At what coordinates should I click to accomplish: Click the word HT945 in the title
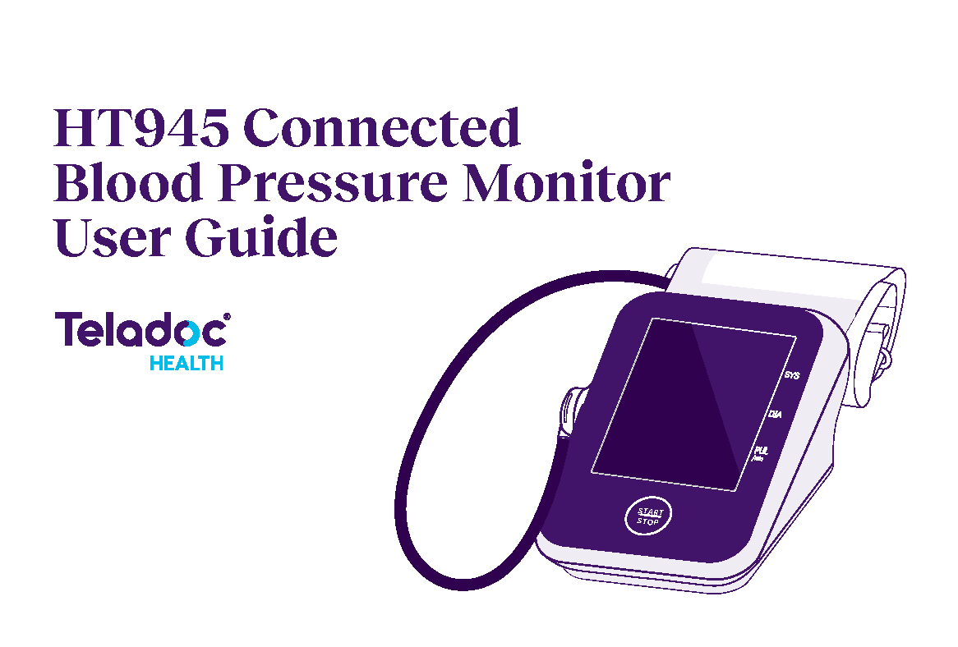141,128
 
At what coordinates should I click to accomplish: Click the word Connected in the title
383,128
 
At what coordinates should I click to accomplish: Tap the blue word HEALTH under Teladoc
187,363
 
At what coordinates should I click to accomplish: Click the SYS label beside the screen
792,375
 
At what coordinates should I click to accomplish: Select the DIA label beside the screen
775,415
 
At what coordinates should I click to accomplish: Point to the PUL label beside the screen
760,451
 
